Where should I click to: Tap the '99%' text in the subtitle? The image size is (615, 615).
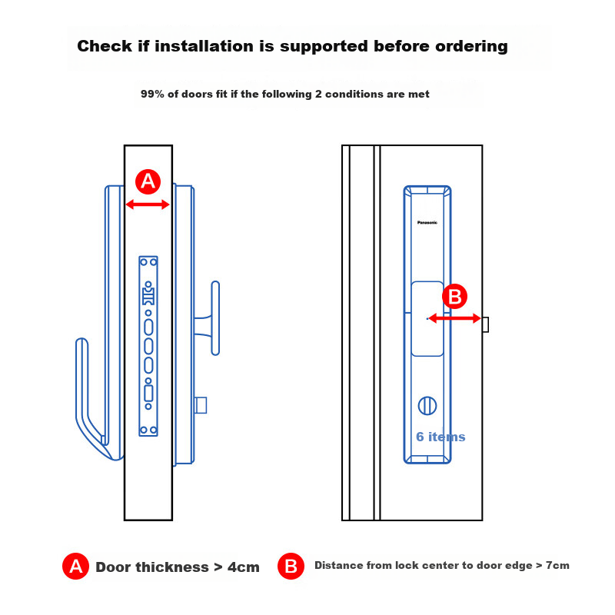click(152, 94)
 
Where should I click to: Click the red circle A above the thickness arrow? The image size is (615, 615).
click(148, 181)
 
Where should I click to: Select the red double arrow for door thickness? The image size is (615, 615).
click(148, 204)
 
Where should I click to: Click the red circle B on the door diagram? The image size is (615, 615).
click(454, 296)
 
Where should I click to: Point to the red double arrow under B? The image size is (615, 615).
click(454, 318)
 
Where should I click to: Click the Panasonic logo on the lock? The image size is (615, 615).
click(427, 222)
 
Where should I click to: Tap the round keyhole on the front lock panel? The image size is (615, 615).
click(427, 406)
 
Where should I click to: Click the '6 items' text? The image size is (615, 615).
click(440, 437)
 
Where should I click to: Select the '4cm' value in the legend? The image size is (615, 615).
click(244, 567)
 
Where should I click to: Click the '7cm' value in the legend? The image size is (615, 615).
click(557, 565)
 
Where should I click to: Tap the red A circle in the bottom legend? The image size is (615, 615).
click(75, 567)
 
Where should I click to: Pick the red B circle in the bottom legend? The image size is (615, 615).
click(291, 566)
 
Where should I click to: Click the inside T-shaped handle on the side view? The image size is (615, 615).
click(215, 318)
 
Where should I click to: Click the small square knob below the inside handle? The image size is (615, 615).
click(201, 405)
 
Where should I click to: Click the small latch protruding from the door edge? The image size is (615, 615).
click(486, 324)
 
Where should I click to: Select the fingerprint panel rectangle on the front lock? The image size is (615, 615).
click(427, 318)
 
